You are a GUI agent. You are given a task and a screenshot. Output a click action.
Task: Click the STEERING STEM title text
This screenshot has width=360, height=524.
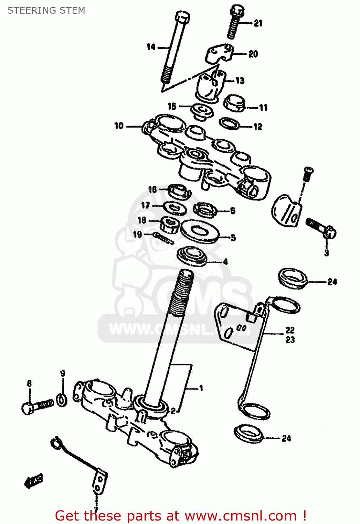(46, 10)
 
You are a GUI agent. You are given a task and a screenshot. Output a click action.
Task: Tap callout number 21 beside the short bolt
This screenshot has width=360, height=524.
(258, 23)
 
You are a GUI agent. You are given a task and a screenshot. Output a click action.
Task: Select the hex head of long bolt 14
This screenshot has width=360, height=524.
(182, 16)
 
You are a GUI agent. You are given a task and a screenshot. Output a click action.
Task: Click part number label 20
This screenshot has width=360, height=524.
(253, 54)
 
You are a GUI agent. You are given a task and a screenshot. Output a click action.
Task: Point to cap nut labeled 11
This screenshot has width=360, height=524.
(234, 103)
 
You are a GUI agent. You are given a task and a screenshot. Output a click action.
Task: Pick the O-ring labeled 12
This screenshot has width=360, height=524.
(229, 123)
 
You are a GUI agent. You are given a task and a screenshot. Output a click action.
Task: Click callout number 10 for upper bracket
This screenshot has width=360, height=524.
(119, 126)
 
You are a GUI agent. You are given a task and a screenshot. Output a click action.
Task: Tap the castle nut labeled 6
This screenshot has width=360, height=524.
(205, 210)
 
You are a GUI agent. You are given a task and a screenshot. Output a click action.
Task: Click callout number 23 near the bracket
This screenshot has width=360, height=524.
(290, 340)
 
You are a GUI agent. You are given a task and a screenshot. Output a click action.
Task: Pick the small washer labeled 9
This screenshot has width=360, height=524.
(62, 399)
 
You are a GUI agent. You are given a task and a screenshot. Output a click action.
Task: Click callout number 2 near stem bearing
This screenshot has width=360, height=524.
(173, 411)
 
